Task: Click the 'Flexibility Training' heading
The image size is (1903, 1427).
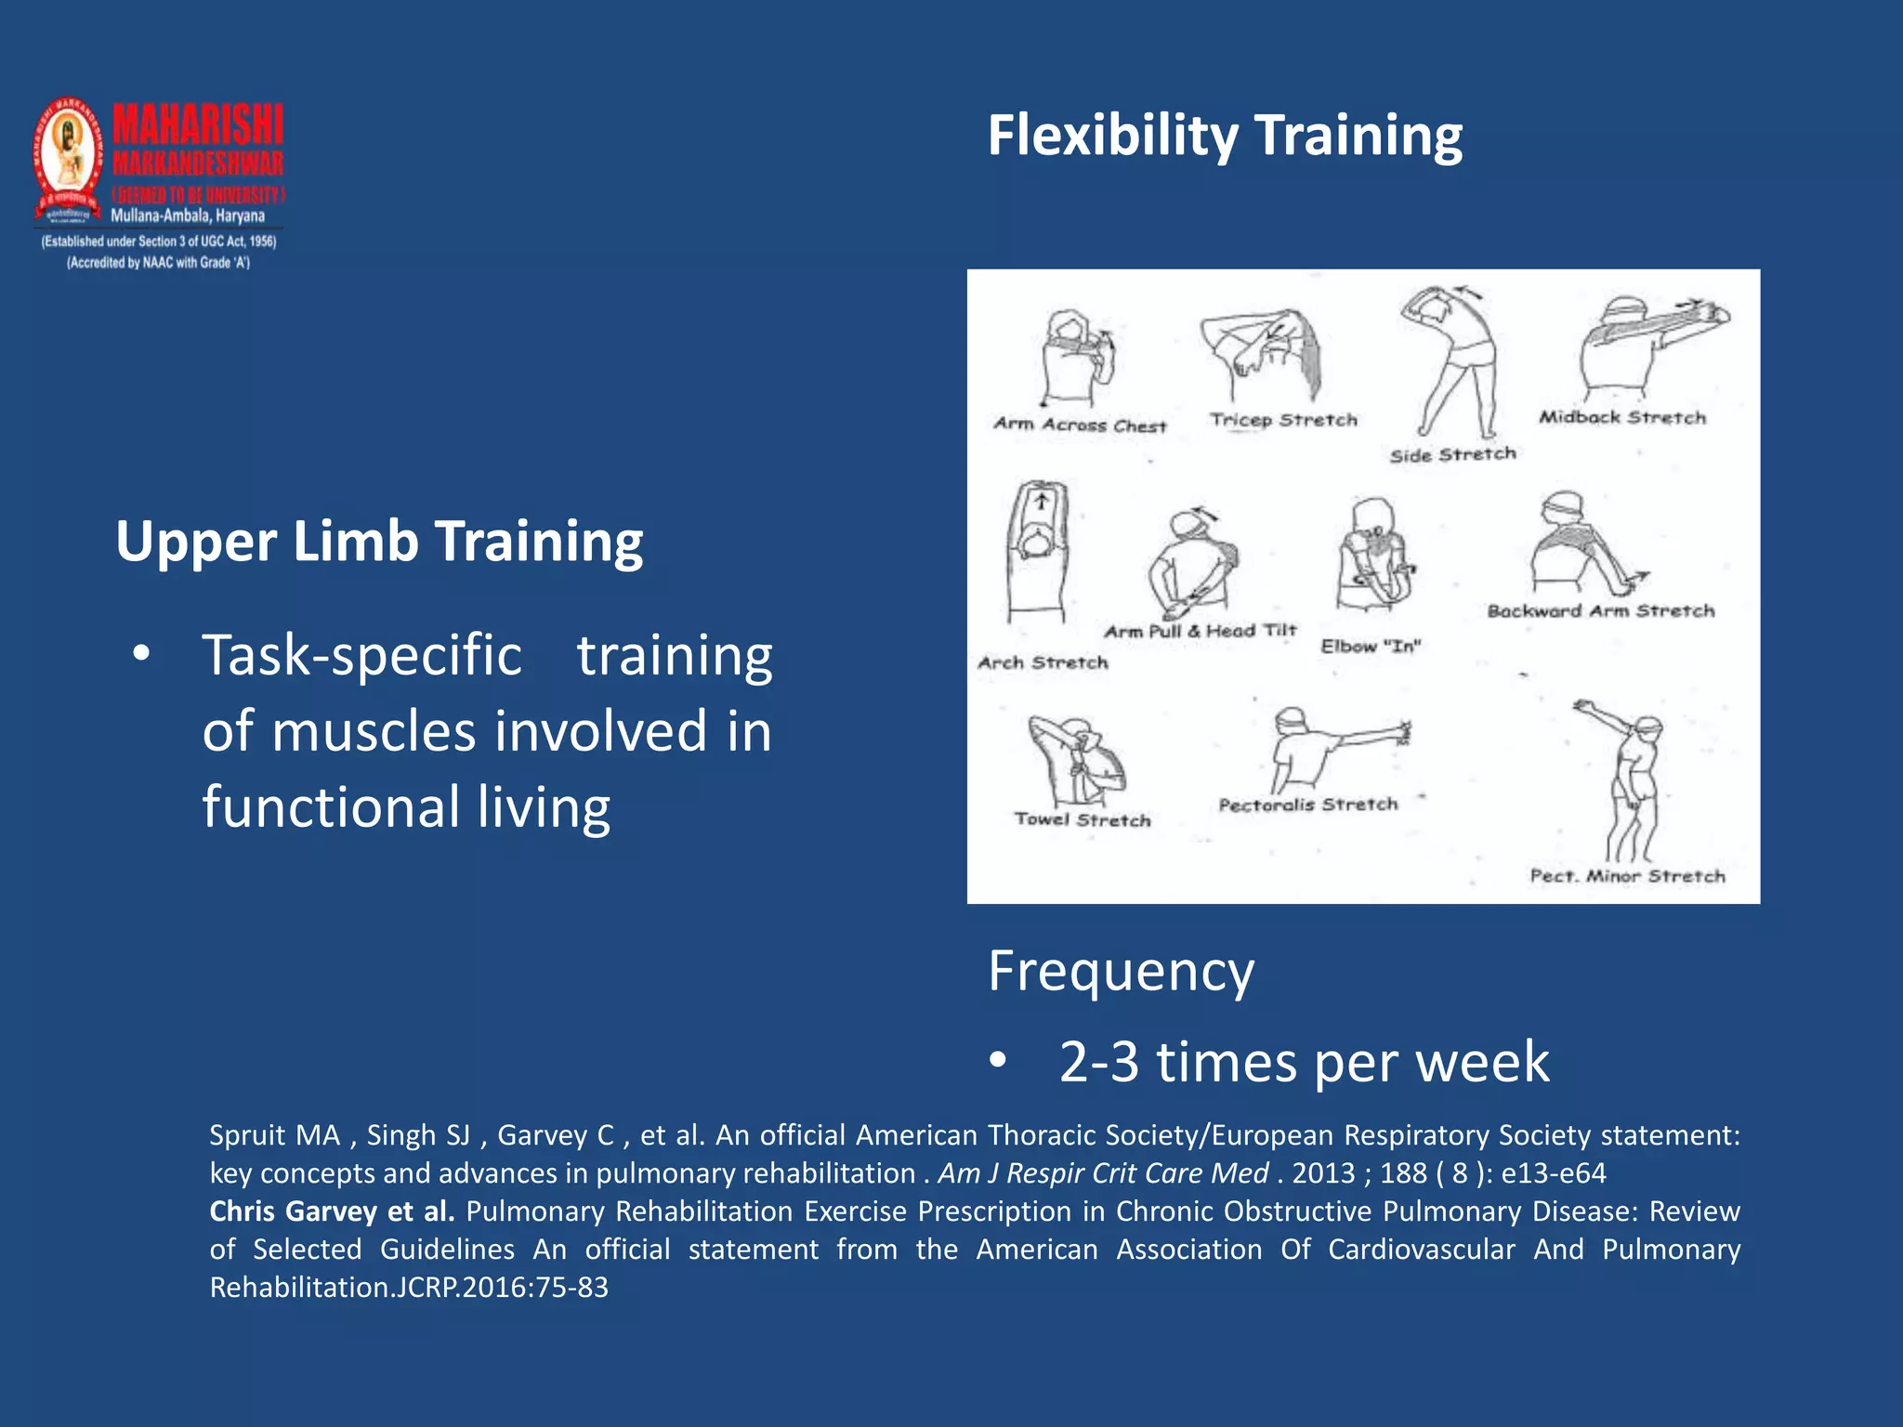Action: (1224, 136)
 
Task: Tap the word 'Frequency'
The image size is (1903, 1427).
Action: (1121, 972)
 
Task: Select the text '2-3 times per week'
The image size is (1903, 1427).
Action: (1304, 1062)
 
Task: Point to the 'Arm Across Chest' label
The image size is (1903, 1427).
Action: (1080, 425)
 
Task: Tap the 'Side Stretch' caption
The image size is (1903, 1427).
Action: (1452, 454)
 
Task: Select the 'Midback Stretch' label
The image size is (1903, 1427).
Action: (1622, 418)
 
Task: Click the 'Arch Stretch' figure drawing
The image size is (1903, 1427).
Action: (1039, 553)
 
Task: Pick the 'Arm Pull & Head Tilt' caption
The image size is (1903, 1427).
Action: (1200, 631)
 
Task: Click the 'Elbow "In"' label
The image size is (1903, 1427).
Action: (1371, 646)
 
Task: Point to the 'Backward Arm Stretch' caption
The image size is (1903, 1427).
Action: (1600, 611)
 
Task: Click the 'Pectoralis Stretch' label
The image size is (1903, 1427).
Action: (1307, 805)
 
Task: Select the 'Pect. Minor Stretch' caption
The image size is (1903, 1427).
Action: (1627, 876)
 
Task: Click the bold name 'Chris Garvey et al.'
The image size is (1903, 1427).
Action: (332, 1211)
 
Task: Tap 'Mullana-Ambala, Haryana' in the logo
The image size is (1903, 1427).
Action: (188, 216)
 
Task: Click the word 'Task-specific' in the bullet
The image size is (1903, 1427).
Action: (362, 656)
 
